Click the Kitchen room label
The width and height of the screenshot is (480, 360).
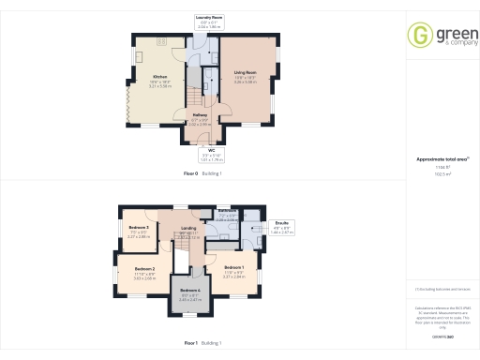[160, 76]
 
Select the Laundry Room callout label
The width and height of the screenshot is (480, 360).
[208, 17]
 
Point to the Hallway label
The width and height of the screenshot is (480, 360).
[199, 114]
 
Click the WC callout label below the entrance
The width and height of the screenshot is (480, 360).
[212, 150]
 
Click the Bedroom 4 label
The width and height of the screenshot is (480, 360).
[190, 291]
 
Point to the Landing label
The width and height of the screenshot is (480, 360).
[187, 228]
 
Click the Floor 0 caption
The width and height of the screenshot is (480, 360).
[190, 173]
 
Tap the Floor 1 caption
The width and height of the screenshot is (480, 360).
[190, 343]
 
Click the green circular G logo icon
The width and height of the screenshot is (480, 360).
[419, 37]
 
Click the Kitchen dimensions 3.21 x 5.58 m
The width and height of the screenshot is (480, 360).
[160, 85]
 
